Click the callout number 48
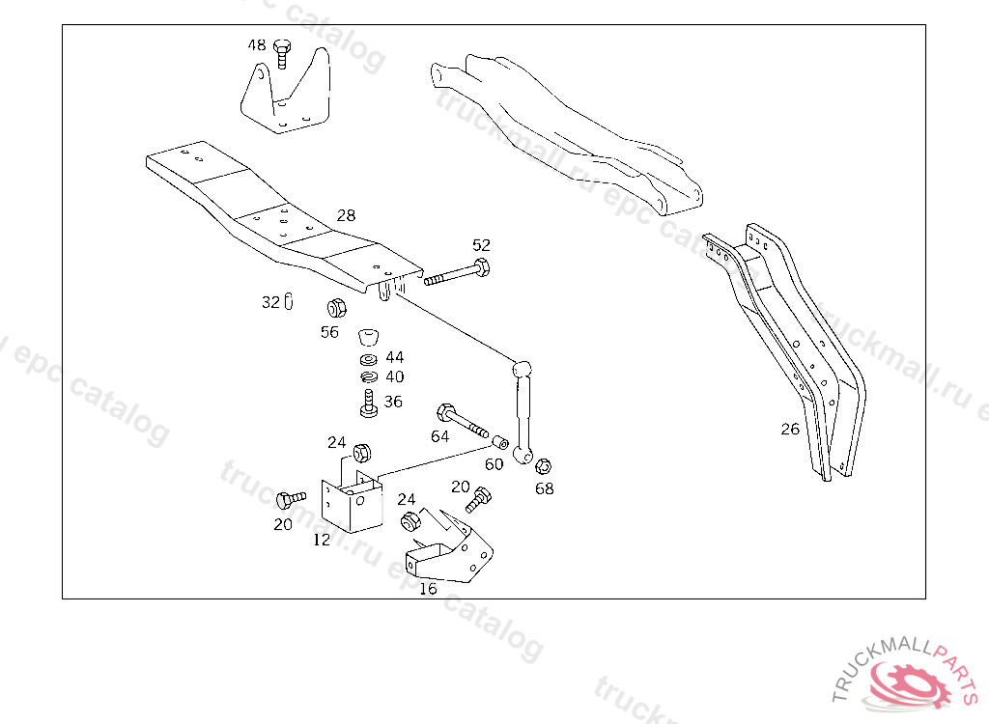(x=257, y=45)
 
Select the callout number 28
(x=347, y=214)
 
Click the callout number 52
(x=481, y=245)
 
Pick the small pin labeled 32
(x=289, y=302)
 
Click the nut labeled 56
(x=336, y=309)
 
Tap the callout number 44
(x=394, y=357)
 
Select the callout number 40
(x=394, y=377)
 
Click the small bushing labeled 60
(x=500, y=442)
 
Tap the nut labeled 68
(x=543, y=465)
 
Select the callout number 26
(x=790, y=429)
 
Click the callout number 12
(x=322, y=540)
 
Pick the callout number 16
(x=428, y=588)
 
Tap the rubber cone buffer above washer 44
(x=368, y=337)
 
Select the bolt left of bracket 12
(x=288, y=499)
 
